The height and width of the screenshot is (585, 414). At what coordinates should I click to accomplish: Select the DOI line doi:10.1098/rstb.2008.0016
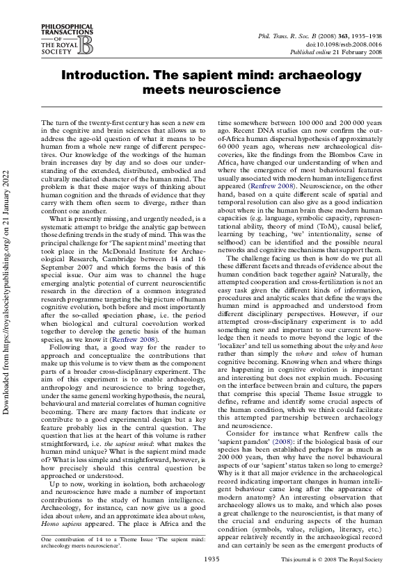(x=345, y=43)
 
